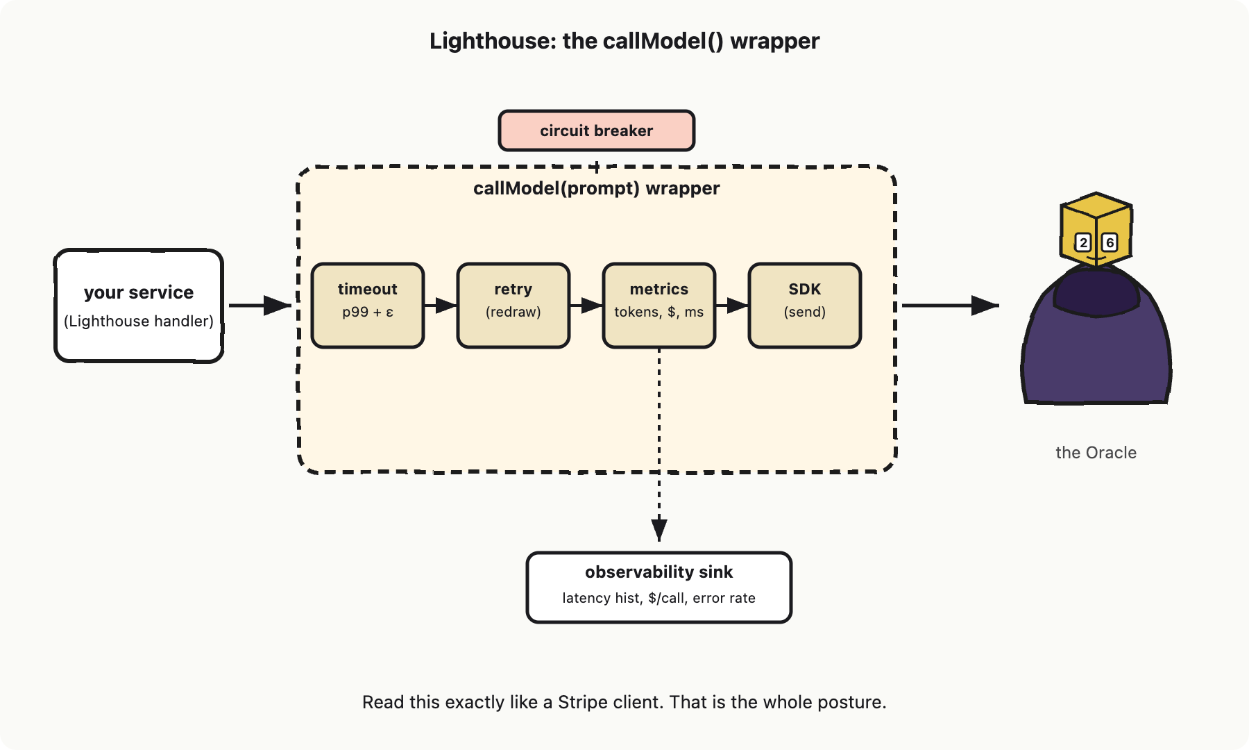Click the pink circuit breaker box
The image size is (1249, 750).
[x=597, y=131]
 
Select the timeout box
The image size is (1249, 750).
[x=368, y=306]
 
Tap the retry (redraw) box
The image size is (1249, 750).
[x=513, y=306]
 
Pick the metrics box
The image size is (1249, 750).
[x=659, y=306]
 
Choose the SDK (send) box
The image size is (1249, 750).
[x=805, y=306]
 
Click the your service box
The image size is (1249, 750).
[x=139, y=306]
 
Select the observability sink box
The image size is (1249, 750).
[x=659, y=587]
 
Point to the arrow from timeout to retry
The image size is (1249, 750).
[x=441, y=306]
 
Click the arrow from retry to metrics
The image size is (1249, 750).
[x=586, y=306]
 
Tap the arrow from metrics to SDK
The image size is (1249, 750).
[x=732, y=306]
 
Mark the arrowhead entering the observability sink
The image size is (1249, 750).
[x=659, y=530]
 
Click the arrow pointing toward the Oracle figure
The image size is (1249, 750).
[x=951, y=306]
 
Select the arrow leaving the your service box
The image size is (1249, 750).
[x=260, y=306]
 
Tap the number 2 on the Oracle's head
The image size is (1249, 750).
[x=1083, y=243]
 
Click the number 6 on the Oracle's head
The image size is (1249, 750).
[x=1110, y=243]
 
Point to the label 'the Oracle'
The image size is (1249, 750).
[x=1096, y=453]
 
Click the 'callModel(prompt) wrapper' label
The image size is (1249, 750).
[x=597, y=189]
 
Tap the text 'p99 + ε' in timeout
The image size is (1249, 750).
[x=368, y=312]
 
